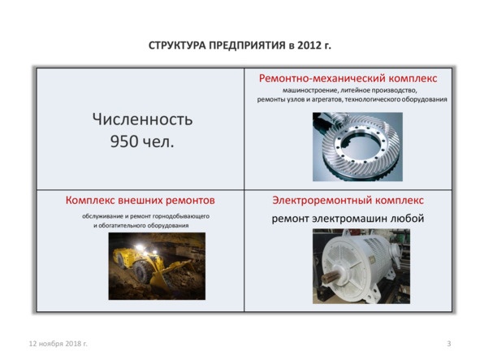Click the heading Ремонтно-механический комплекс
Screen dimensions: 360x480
pyautogui.click(x=348, y=78)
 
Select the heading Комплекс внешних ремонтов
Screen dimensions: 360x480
pyautogui.click(x=140, y=199)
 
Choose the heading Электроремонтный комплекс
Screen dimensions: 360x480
pyautogui.click(x=348, y=200)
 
